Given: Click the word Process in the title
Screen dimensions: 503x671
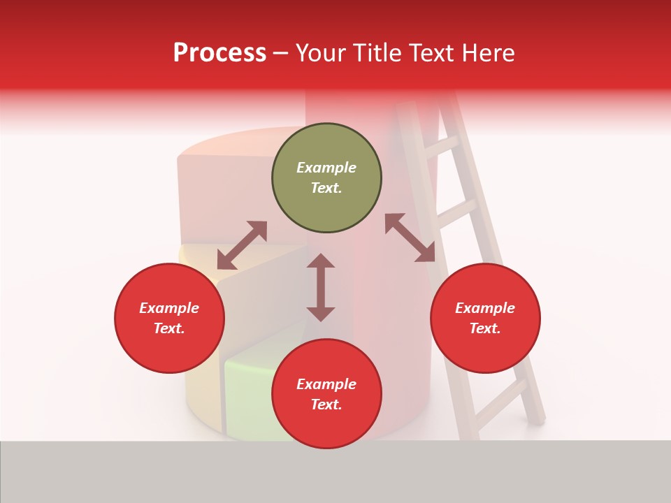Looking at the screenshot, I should point(219,53).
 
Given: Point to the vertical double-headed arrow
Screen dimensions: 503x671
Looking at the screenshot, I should point(321,288).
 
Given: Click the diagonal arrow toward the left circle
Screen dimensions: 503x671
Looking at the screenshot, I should point(242,245).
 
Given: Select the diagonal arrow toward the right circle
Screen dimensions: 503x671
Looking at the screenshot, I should point(410,238).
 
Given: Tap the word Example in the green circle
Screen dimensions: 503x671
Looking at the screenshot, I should point(326,168).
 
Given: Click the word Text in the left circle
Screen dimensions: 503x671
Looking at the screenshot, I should point(168,328).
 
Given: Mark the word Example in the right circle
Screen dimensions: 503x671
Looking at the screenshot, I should point(485,308).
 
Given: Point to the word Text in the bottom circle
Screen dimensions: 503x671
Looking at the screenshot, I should point(326,404).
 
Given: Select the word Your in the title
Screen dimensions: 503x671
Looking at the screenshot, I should point(322,53).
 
